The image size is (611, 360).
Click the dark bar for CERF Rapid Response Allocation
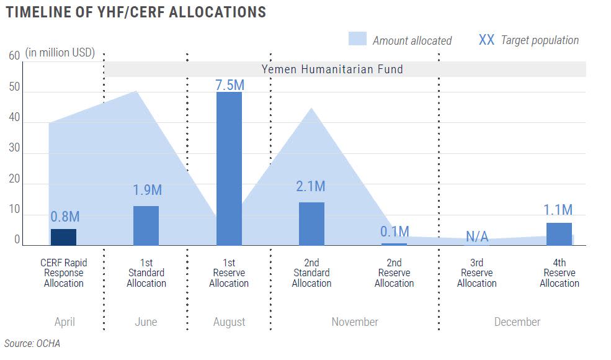point(63,237)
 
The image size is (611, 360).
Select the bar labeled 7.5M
point(229,168)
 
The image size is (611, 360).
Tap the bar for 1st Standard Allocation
point(146,225)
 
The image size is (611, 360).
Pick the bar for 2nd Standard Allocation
point(311,223)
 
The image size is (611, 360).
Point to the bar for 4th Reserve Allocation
point(559,234)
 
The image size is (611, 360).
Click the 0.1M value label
point(395,232)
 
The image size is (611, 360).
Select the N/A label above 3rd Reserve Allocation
point(477,236)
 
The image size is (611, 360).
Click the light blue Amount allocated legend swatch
point(357,39)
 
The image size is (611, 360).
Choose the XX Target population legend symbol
point(486,40)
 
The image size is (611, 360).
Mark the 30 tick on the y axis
point(14,150)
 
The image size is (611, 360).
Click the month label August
point(229,322)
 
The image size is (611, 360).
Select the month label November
point(354,322)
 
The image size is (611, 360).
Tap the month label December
point(517,322)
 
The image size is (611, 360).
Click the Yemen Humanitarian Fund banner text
point(332,69)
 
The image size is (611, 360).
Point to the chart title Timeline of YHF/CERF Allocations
point(135,12)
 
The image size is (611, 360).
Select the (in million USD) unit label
point(60,53)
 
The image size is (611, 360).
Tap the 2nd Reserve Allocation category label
point(395,273)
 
